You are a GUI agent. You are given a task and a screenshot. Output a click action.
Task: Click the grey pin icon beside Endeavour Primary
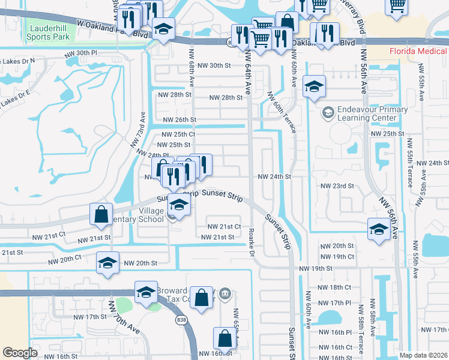pos(328,112)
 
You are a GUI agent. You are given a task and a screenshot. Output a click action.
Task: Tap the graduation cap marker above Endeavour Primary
pos(314,88)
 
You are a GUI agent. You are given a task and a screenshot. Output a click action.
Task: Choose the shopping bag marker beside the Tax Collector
pos(203,297)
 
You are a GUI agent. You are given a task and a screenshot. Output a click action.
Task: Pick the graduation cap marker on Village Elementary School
pos(179,205)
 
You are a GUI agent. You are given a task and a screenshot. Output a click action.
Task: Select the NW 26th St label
pos(177,119)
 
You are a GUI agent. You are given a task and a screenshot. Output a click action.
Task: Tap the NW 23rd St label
pos(336,186)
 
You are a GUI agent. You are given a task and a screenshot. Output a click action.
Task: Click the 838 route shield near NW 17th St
pos(181,320)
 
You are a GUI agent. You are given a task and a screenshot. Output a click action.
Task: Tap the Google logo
pos(20,353)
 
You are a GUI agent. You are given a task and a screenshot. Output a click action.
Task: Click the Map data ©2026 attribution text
pos(423,355)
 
